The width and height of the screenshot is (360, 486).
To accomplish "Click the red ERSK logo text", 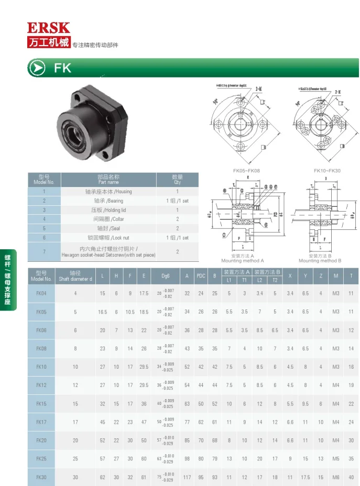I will pos(49,28).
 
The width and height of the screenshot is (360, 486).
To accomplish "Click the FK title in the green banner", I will pos(62,68).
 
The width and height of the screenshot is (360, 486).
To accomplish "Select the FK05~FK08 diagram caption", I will pos(246,171).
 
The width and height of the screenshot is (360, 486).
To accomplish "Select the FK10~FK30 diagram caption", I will pos(327,171).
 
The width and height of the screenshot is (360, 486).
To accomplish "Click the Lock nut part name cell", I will pos(108,238).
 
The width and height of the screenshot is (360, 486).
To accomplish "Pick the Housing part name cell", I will pos(108,192).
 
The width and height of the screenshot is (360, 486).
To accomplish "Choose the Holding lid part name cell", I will pos(108,210).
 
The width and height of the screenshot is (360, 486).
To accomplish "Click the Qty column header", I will pos(178,180).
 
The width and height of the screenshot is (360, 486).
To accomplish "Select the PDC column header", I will pos(201,276).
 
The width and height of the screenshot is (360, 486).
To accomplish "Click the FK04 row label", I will pos(41,293).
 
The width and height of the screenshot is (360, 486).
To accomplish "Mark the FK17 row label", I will pos(41,422).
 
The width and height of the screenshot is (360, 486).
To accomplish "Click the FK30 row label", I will pos(41,477).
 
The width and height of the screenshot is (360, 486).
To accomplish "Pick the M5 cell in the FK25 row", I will pos(335,459).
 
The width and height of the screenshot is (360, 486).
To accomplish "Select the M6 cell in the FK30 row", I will pos(335,477).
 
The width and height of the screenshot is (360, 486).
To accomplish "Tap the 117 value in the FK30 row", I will pos(187,477).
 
